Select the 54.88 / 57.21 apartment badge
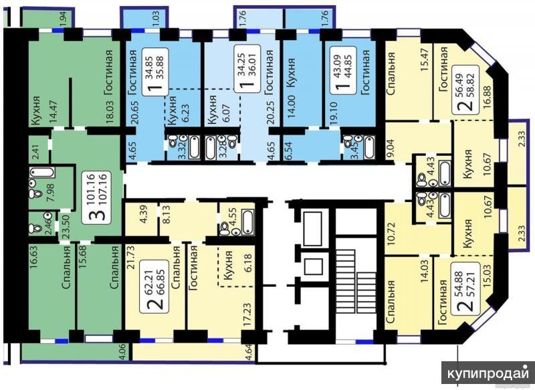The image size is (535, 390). (x=465, y=291)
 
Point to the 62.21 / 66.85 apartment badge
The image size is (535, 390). (x=154, y=285)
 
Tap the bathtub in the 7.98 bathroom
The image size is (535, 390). (x=41, y=172)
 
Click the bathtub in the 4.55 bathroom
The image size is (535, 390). (x=247, y=223)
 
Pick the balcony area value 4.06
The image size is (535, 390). (x=123, y=352)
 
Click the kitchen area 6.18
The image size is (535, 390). (x=249, y=263)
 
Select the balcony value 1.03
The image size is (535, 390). (x=156, y=19)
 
